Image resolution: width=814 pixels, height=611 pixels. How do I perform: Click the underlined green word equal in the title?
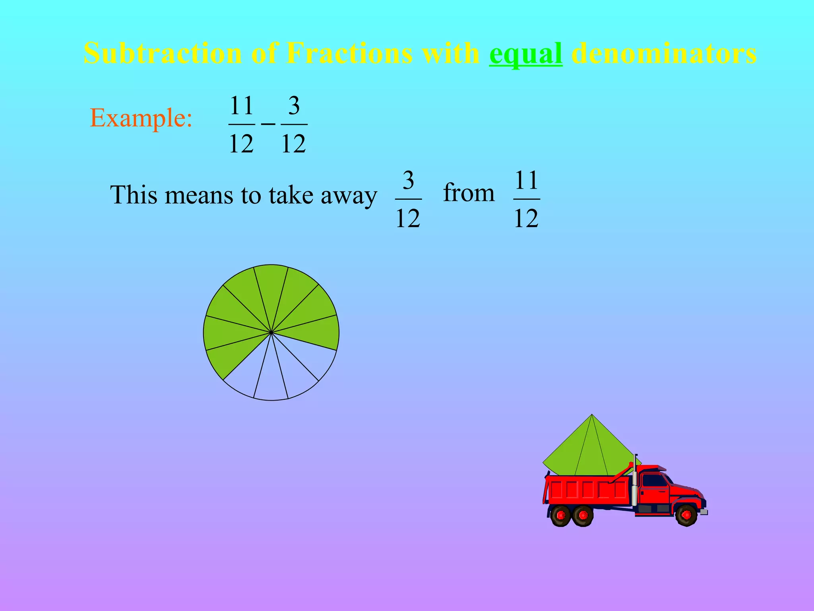(525, 54)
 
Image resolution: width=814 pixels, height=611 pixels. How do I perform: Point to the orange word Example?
(141, 118)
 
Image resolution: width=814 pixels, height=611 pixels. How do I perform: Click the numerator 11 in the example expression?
(242, 106)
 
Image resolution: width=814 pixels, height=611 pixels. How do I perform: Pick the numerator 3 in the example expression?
(294, 106)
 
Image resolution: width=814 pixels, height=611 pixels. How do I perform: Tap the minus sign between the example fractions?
(268, 124)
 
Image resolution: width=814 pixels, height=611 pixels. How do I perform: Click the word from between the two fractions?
(469, 193)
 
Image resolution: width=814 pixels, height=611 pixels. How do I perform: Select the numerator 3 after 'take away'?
(408, 180)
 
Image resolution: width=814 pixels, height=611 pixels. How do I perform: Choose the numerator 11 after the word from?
(526, 180)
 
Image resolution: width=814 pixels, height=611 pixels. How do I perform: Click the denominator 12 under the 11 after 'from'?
(526, 218)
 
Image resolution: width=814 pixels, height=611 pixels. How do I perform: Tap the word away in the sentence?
(349, 196)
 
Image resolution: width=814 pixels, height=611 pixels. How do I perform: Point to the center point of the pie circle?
(271, 333)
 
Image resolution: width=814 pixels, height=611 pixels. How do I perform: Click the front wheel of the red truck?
(686, 515)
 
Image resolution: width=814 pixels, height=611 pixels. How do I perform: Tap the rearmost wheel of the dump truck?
(561, 516)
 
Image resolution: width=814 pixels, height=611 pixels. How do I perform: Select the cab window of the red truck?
(653, 481)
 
